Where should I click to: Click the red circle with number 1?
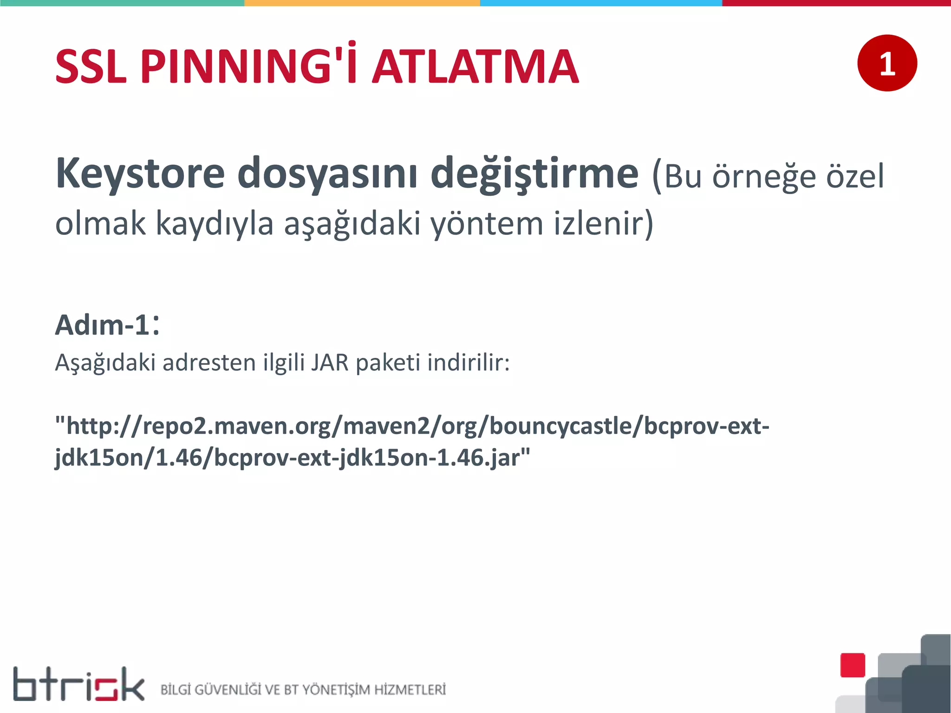click(887, 63)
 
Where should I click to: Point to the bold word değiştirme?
click(534, 174)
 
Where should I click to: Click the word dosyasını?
click(327, 174)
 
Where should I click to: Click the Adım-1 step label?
click(107, 325)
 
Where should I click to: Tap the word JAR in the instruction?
click(330, 363)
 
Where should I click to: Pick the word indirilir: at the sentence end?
click(469, 363)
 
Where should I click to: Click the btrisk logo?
click(78, 684)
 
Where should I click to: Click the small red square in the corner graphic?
click(853, 665)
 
